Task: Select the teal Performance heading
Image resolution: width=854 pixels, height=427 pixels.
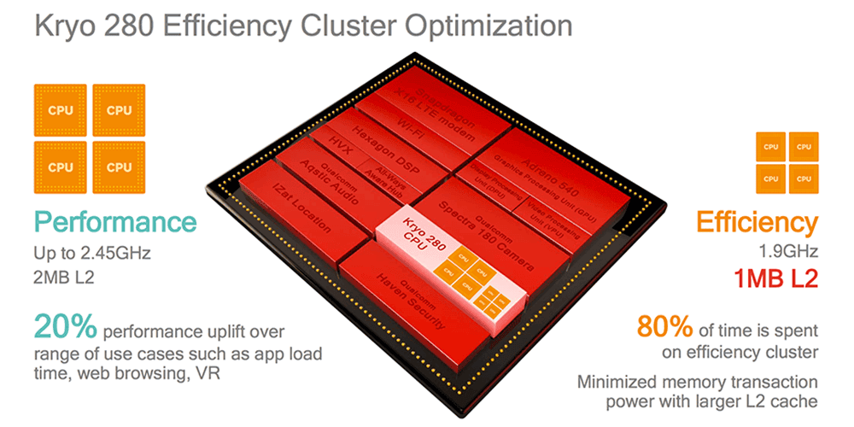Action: point(115,223)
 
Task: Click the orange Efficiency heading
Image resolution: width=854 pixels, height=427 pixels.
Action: point(757,223)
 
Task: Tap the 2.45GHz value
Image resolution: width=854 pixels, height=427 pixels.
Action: point(125,254)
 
